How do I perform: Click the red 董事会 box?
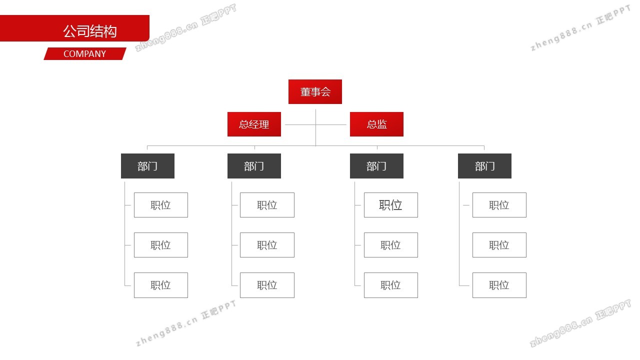point(315,92)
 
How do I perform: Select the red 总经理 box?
point(254,124)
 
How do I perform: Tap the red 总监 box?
point(376,124)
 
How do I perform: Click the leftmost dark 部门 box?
point(147,166)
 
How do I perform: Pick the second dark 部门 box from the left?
point(254,166)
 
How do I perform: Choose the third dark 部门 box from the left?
point(376,166)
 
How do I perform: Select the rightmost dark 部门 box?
point(484,166)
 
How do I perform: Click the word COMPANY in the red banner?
point(84,54)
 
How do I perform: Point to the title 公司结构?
point(89,31)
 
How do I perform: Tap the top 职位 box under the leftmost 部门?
point(160,205)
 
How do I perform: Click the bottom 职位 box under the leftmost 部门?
point(160,285)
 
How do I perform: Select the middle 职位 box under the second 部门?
point(267,245)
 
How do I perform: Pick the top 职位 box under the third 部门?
point(390,205)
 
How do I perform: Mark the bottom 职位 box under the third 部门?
point(390,285)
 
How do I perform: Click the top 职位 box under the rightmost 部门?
point(499,205)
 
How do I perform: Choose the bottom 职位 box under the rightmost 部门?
point(499,285)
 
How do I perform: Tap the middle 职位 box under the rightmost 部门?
point(499,245)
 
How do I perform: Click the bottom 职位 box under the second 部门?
point(267,285)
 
